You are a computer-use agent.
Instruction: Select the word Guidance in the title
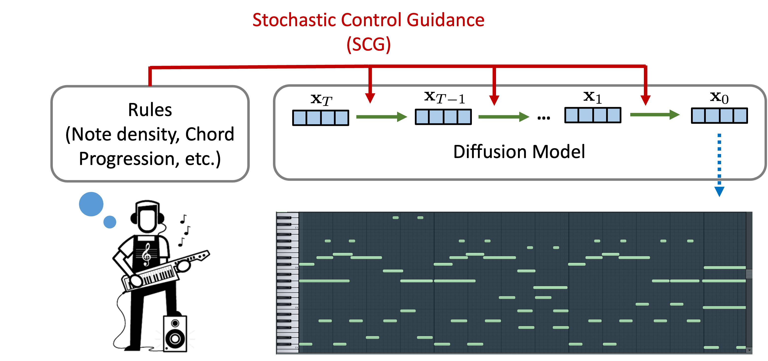coord(445,20)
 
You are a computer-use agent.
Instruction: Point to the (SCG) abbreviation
coord(368,44)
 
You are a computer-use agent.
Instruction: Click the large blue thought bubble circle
coord(91,204)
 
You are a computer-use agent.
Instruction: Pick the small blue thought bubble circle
coord(110,222)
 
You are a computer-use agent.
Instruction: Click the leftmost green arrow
coord(381,117)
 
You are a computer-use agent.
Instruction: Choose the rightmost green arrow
coord(654,115)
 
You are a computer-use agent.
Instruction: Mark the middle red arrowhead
coord(494,100)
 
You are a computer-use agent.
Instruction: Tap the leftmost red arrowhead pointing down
coord(370,98)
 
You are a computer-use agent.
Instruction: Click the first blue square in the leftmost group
coord(300,118)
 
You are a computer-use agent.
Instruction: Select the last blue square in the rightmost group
coord(740,116)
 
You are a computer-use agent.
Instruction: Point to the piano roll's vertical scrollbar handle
coord(749,274)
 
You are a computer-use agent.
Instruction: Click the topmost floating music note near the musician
coord(184,219)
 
